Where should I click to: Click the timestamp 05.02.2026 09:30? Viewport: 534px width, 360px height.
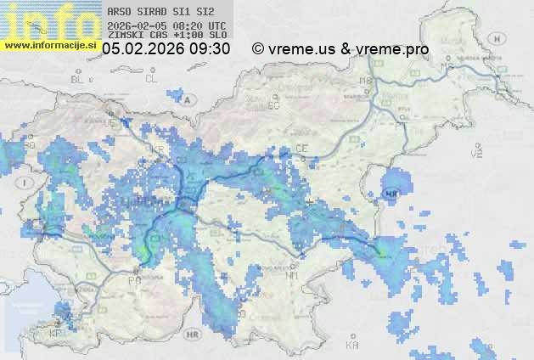click(x=166, y=49)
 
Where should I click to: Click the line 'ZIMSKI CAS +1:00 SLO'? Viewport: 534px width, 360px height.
click(x=167, y=36)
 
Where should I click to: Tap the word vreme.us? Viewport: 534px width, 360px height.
click(x=302, y=49)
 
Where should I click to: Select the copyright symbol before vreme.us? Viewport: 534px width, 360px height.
click(x=258, y=49)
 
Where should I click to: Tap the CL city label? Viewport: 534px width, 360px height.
click(x=152, y=78)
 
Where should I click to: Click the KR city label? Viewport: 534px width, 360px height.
click(x=157, y=150)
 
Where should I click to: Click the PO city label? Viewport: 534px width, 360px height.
click(x=132, y=279)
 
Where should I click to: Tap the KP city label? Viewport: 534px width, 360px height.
click(x=57, y=333)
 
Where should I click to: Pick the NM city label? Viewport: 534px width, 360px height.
click(x=293, y=275)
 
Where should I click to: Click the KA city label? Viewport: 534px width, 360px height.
click(x=352, y=346)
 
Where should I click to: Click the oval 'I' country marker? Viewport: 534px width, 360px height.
click(x=26, y=182)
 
